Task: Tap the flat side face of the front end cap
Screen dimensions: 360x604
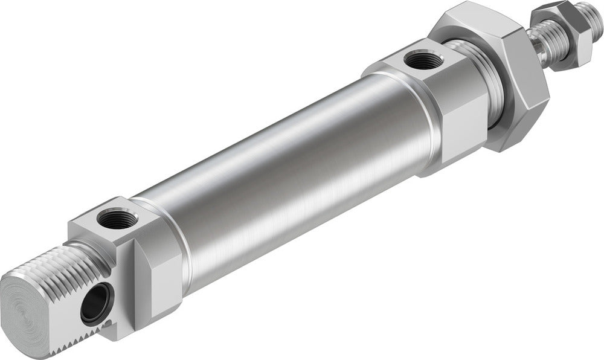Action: click(459, 133)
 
